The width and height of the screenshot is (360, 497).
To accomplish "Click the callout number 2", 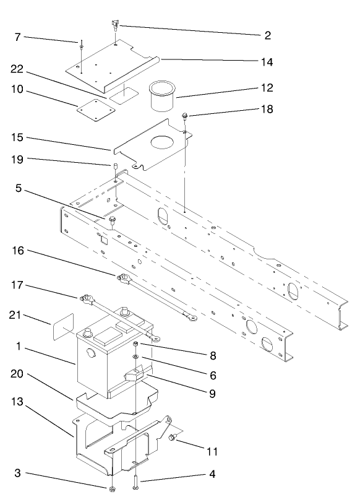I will pyautogui.click(x=267, y=35).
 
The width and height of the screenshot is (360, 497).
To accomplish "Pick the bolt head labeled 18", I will pyautogui.click(x=185, y=116).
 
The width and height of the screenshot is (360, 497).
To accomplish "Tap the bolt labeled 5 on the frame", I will pyautogui.click(x=112, y=219).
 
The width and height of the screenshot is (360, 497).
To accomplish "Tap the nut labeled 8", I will pyautogui.click(x=135, y=344).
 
